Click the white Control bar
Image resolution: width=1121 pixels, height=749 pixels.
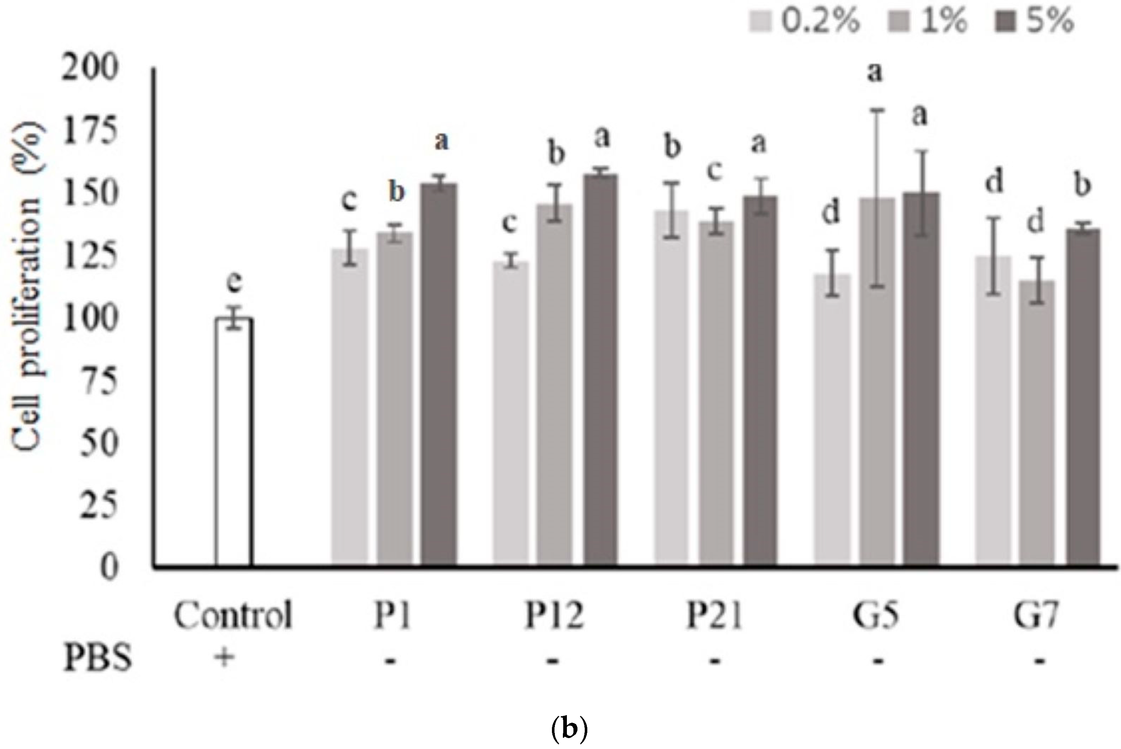tap(234, 442)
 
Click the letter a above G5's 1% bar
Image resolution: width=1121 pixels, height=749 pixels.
tap(874, 73)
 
